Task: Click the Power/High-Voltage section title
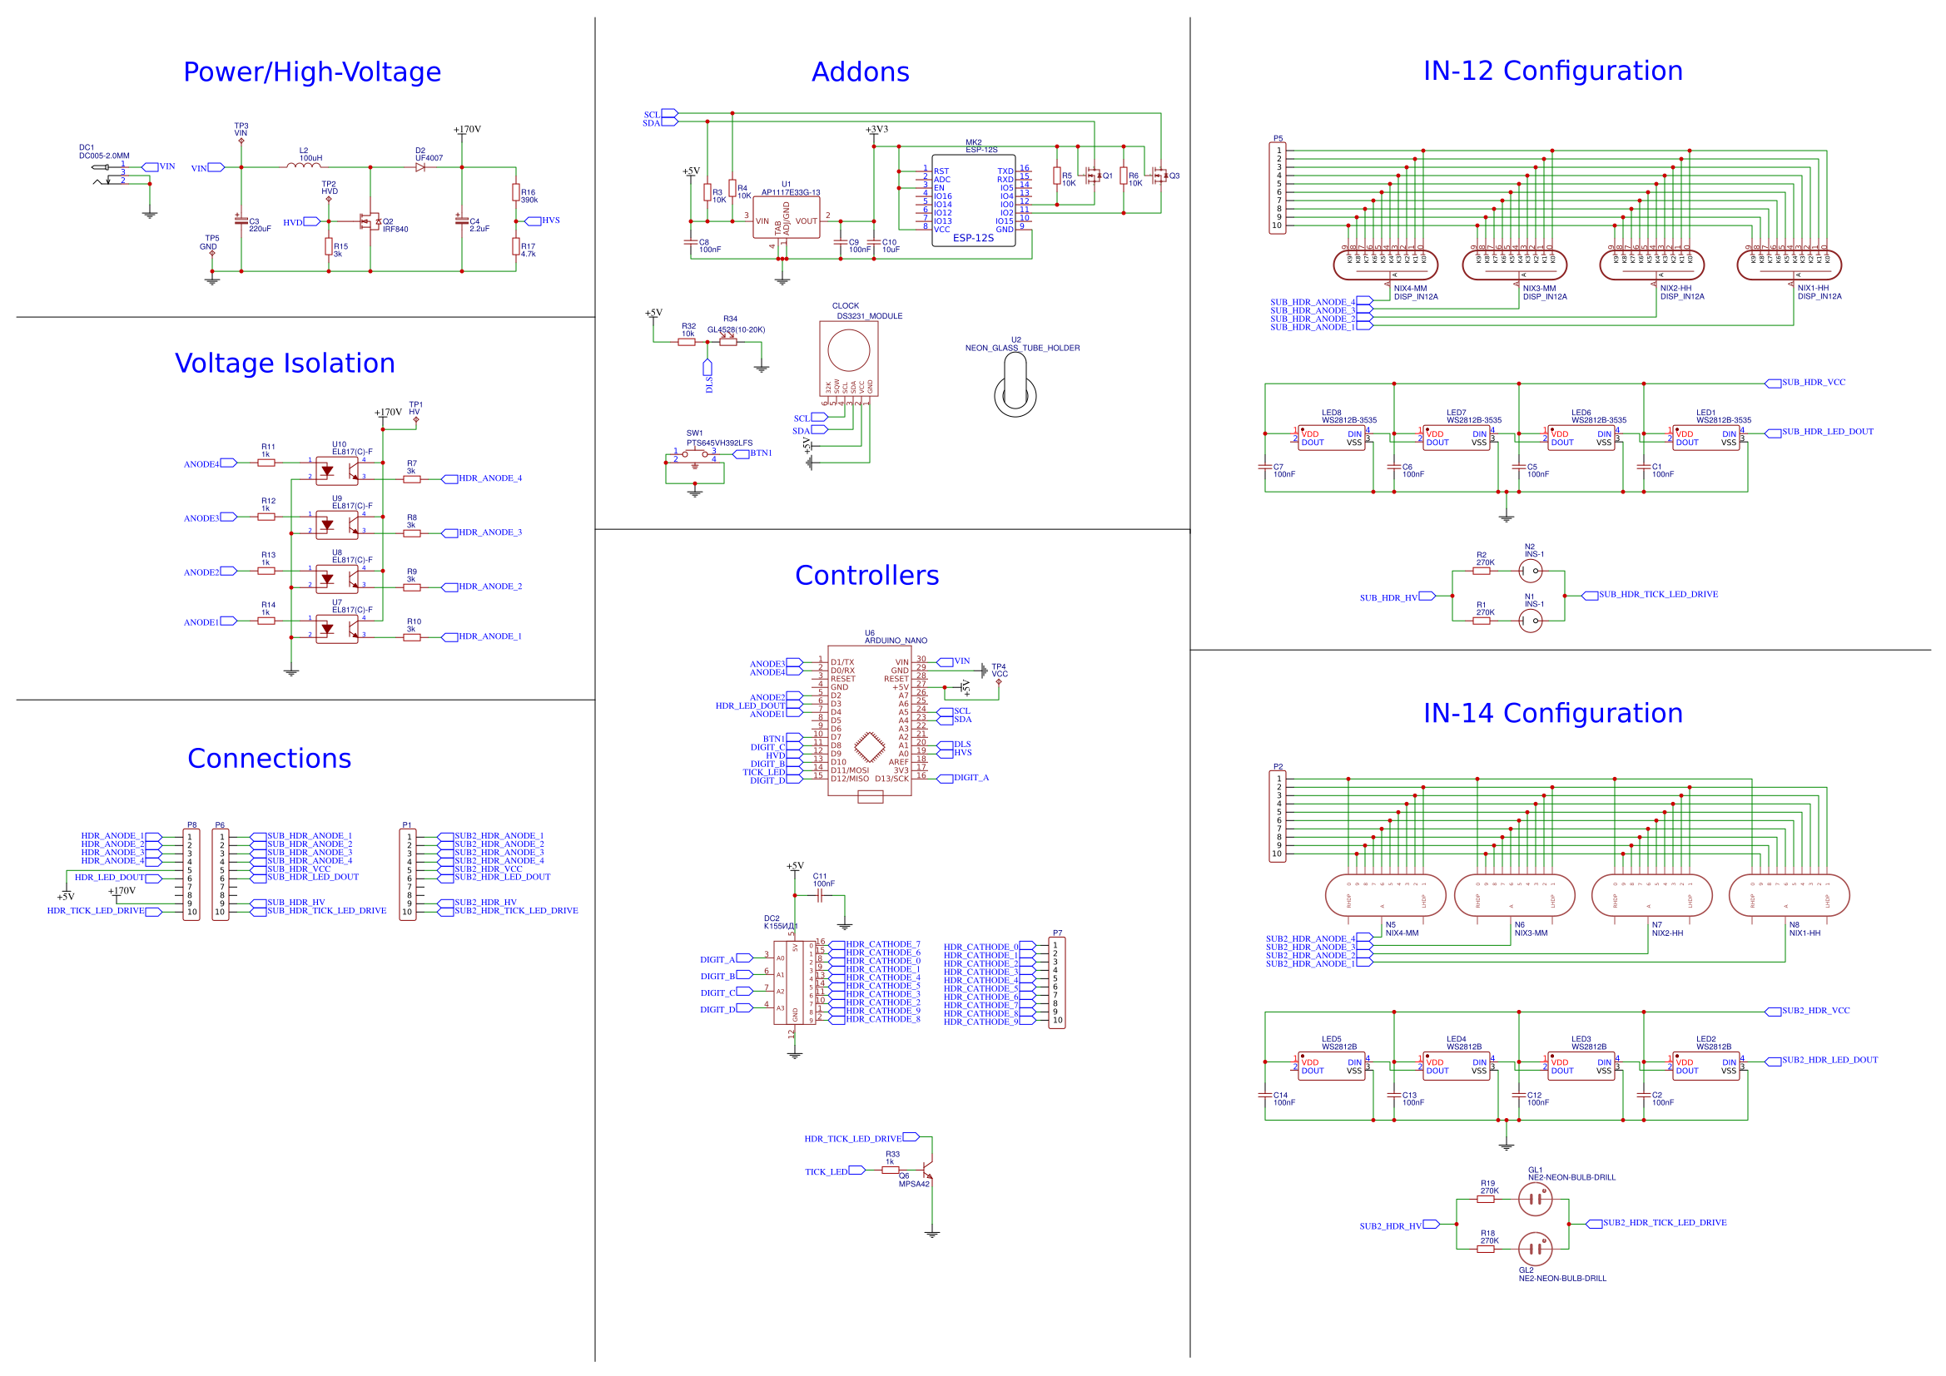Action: (x=312, y=72)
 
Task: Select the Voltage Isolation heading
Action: (x=285, y=363)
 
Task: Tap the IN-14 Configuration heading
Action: (x=1551, y=713)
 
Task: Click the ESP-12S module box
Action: (x=973, y=200)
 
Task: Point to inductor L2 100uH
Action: (x=304, y=166)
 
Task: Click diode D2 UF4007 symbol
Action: (x=420, y=167)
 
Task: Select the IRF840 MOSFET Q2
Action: (x=370, y=222)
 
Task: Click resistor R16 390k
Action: (x=515, y=193)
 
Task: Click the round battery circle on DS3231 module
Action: (x=848, y=351)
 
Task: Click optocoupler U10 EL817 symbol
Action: (x=336, y=469)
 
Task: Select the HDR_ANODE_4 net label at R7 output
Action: (x=490, y=478)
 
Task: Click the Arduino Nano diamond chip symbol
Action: (x=870, y=746)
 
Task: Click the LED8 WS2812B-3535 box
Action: (x=1332, y=438)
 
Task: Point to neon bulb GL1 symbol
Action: (x=1535, y=1199)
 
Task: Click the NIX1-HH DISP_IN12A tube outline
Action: (x=1789, y=265)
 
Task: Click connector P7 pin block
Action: (x=1056, y=983)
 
